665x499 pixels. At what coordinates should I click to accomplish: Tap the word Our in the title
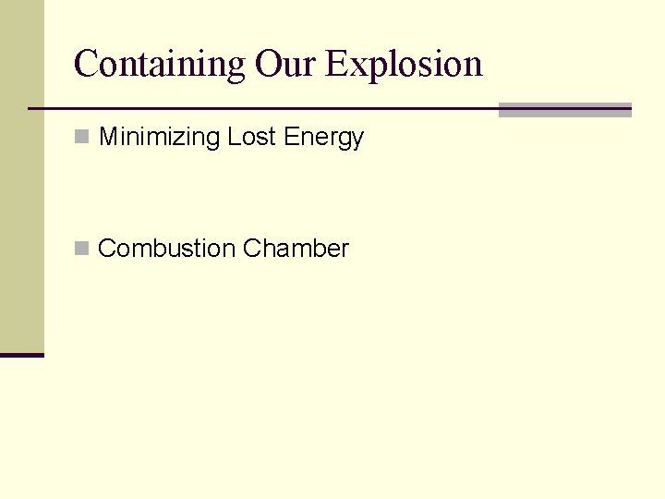[x=286, y=64]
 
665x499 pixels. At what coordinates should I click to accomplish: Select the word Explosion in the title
[x=405, y=64]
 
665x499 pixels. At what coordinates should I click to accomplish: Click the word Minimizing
[x=159, y=138]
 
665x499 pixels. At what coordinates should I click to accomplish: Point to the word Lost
[x=252, y=138]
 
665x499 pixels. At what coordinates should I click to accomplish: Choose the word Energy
[x=324, y=139]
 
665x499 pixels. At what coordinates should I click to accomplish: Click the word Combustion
[x=166, y=249]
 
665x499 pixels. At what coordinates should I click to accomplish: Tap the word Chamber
[x=296, y=249]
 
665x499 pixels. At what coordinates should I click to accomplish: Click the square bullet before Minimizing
[x=82, y=138]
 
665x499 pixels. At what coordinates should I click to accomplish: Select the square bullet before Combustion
[x=82, y=249]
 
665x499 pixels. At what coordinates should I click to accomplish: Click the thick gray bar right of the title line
[x=564, y=110]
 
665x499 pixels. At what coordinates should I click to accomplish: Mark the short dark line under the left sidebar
[x=21, y=355]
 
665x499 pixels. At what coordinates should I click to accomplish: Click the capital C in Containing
[x=86, y=64]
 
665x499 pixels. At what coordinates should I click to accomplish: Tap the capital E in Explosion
[x=337, y=64]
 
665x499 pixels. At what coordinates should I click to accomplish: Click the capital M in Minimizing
[x=108, y=138]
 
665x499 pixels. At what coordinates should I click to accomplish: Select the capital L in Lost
[x=234, y=138]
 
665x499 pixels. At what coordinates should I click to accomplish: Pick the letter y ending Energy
[x=357, y=141]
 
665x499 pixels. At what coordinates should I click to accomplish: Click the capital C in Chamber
[x=251, y=249]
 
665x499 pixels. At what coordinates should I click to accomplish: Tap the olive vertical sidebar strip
[x=21, y=176]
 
